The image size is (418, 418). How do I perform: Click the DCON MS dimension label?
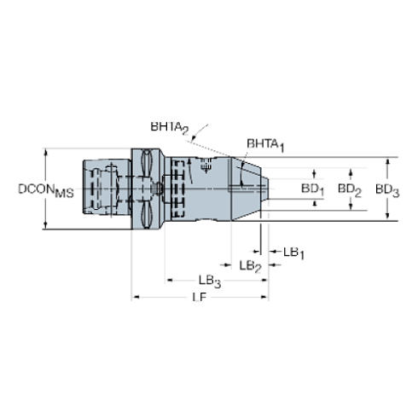pos(46,190)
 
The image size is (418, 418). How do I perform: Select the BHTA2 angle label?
pos(170,128)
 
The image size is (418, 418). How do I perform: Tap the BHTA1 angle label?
pos(265,145)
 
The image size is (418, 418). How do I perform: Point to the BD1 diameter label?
pos(312,189)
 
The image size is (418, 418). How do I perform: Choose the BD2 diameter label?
pos(350,189)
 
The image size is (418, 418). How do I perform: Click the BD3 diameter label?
pos(387,190)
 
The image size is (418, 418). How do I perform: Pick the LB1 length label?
pos(293,253)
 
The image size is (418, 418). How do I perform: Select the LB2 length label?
pos(250,267)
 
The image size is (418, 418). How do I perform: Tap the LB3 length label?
pos(210,282)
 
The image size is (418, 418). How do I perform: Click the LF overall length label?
pos(200,298)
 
